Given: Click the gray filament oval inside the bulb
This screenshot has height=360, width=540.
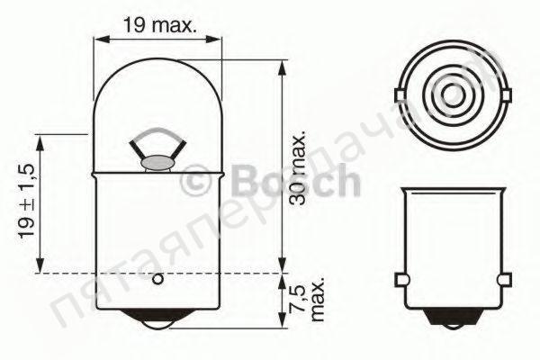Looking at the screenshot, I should (158, 163).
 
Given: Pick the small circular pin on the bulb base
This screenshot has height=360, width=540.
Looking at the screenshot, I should (157, 280).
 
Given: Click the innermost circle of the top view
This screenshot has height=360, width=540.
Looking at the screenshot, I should (452, 94).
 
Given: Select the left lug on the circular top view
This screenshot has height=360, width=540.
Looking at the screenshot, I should (400, 94).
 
